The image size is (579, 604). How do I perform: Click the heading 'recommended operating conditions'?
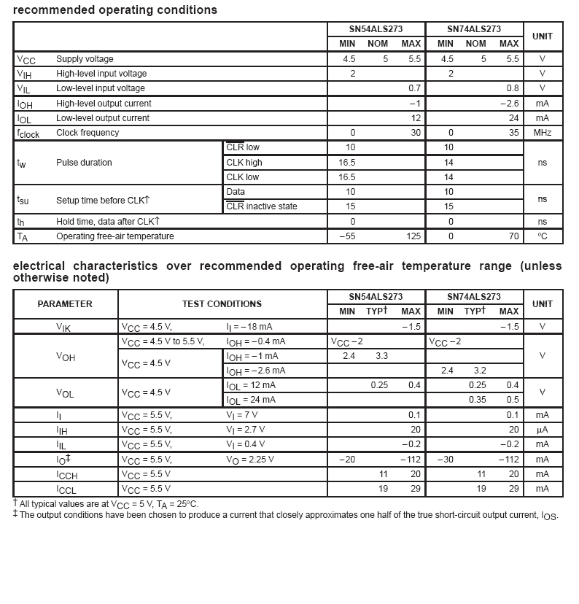(x=115, y=10)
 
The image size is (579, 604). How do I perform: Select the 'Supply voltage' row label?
(x=85, y=59)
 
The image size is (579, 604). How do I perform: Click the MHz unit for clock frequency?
(x=542, y=133)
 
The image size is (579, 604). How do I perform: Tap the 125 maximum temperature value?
(x=413, y=236)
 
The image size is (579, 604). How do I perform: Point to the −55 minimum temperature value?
(x=346, y=236)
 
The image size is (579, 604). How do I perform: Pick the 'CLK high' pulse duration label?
(x=244, y=163)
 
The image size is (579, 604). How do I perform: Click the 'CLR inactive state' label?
(x=262, y=206)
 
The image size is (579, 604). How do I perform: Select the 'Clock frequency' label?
(x=88, y=133)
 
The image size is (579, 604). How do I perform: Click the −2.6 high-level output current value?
(x=509, y=104)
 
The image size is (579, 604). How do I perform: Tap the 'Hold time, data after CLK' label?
(x=108, y=221)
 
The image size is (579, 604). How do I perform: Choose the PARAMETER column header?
(x=65, y=304)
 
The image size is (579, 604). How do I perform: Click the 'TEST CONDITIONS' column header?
(x=222, y=304)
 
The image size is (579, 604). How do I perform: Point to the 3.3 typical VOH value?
(x=381, y=356)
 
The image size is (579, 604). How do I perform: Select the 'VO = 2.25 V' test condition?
(x=250, y=460)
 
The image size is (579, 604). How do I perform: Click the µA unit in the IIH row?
(x=542, y=430)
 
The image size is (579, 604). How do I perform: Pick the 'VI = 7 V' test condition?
(x=242, y=415)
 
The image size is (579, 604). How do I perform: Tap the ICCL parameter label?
(x=66, y=489)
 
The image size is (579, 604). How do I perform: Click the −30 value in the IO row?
(x=446, y=460)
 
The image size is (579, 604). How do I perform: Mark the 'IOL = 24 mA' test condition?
(x=252, y=400)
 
